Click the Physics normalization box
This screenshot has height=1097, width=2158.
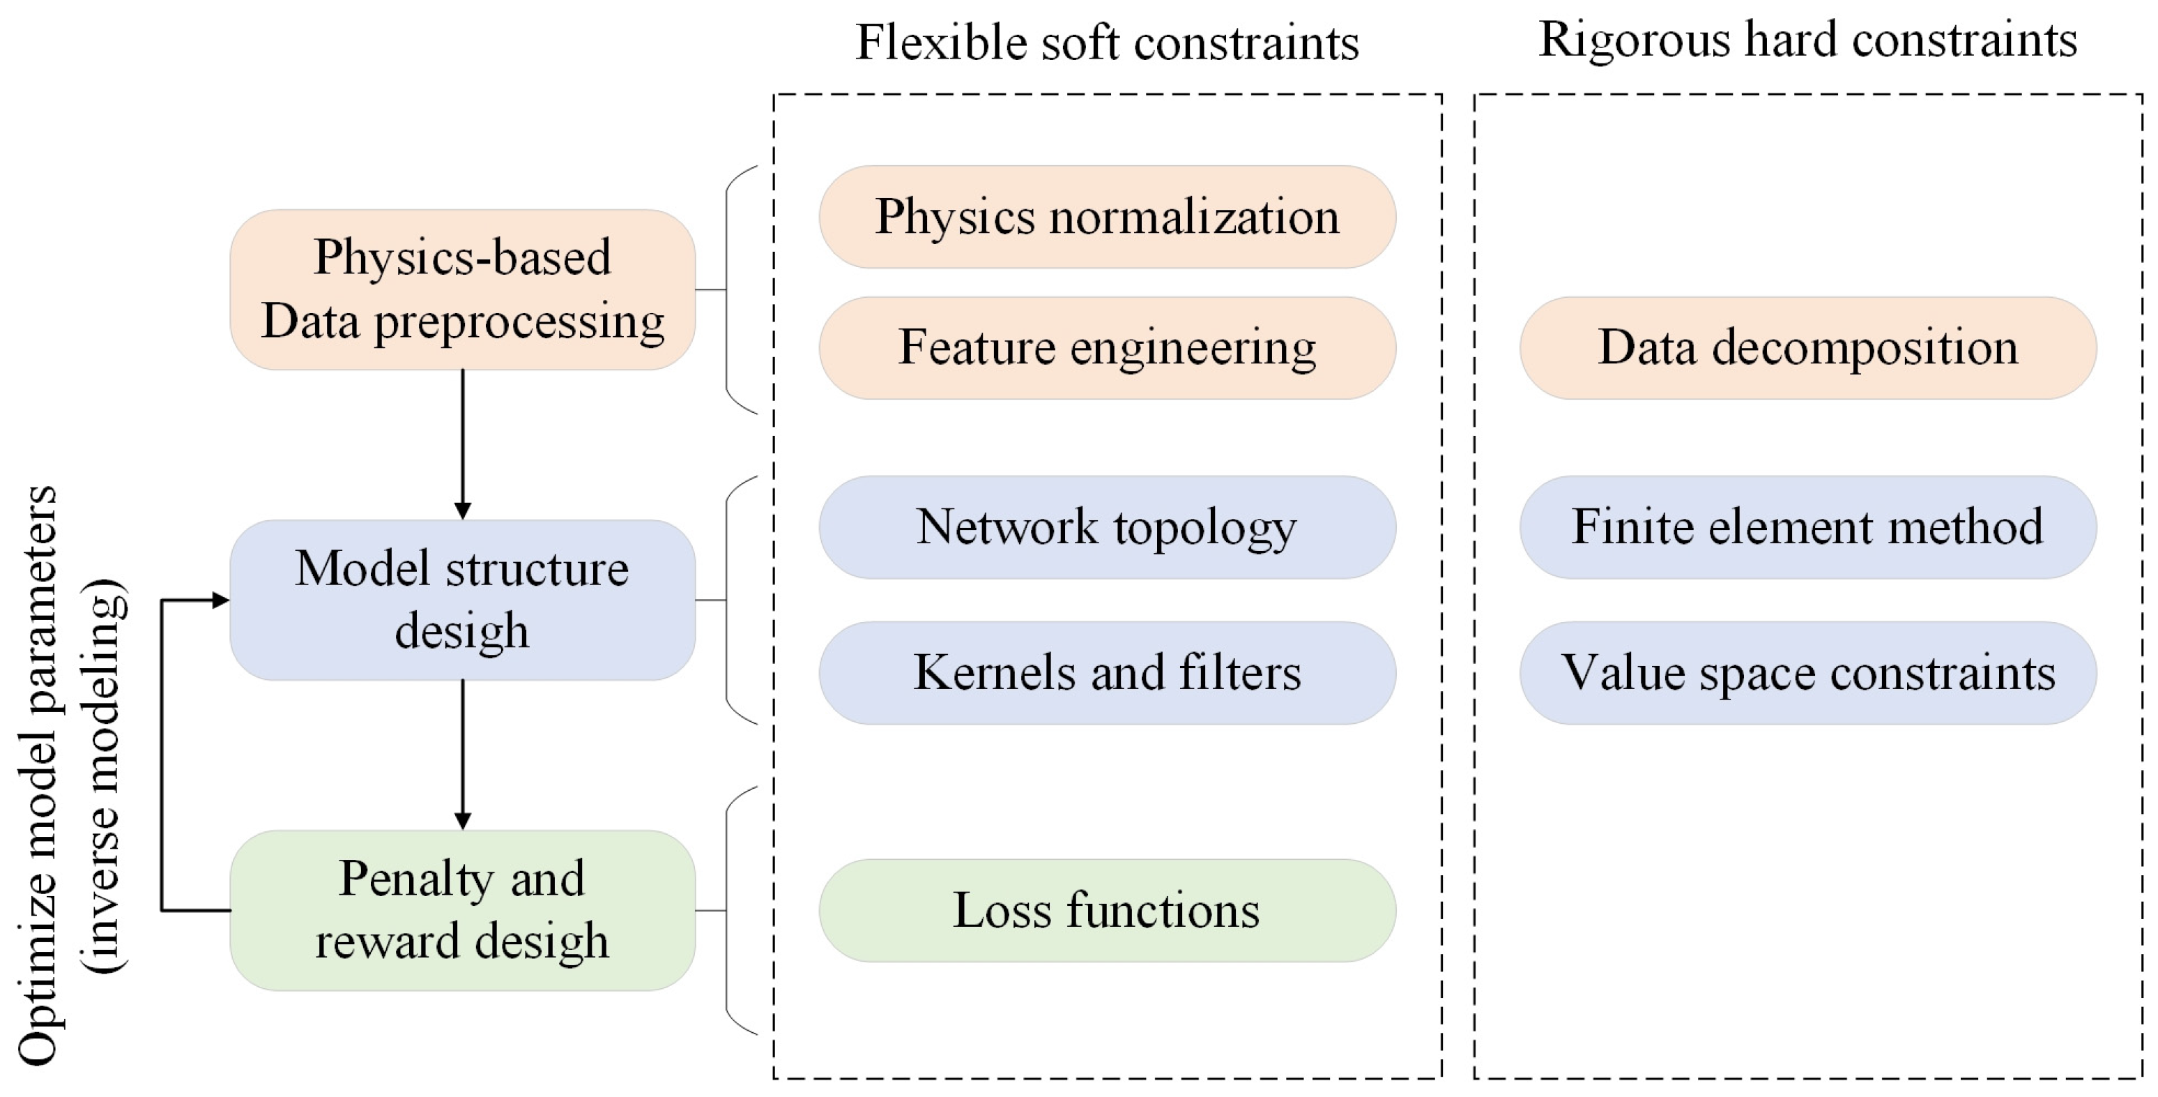[1107, 217]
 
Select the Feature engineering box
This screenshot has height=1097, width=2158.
[1107, 348]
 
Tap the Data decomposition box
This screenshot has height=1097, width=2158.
[1808, 348]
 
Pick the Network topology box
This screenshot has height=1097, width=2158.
[1107, 527]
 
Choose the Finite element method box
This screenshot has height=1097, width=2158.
[1808, 527]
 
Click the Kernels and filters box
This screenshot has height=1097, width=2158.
[1107, 672]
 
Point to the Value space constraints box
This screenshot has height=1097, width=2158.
[1808, 672]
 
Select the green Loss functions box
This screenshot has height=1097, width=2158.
[1107, 910]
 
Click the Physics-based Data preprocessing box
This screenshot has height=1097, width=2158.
[462, 289]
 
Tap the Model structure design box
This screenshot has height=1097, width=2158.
[462, 599]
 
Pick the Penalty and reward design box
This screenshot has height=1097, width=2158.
[462, 910]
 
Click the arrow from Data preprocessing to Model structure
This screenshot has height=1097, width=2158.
[462, 444]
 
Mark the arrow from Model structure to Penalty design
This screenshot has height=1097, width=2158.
[462, 755]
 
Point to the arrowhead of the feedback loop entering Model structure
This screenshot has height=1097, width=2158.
[221, 599]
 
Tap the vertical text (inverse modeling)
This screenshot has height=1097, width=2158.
[104, 776]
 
